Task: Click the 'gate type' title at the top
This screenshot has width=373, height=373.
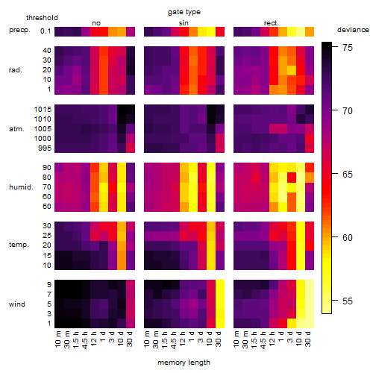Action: click(184, 12)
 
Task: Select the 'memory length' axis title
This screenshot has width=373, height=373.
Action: click(184, 363)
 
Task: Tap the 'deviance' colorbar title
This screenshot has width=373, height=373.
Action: click(353, 30)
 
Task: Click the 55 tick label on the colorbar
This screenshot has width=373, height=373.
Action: click(348, 301)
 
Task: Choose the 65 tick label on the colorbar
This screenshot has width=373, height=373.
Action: click(348, 175)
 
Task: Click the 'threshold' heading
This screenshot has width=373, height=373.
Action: click(42, 18)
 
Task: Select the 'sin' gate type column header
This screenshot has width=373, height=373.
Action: click(184, 23)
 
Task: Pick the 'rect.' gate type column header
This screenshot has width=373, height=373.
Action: click(271, 23)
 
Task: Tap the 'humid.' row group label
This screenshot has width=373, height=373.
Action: click(21, 187)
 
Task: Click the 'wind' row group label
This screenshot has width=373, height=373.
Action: click(17, 304)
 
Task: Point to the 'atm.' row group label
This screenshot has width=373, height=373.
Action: click(16, 129)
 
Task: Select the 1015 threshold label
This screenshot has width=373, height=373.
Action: click(43, 110)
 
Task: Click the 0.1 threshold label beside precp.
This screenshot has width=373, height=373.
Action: click(46, 31)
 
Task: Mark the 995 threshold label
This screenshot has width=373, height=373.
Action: click(45, 148)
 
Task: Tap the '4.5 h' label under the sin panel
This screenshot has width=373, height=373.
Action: click(174, 339)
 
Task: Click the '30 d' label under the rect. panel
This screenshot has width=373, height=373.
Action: click(307, 339)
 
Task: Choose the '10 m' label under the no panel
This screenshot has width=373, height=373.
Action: click(57, 339)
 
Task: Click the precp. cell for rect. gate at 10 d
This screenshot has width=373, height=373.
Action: click(301, 32)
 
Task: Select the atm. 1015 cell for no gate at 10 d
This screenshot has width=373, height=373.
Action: click(122, 110)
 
